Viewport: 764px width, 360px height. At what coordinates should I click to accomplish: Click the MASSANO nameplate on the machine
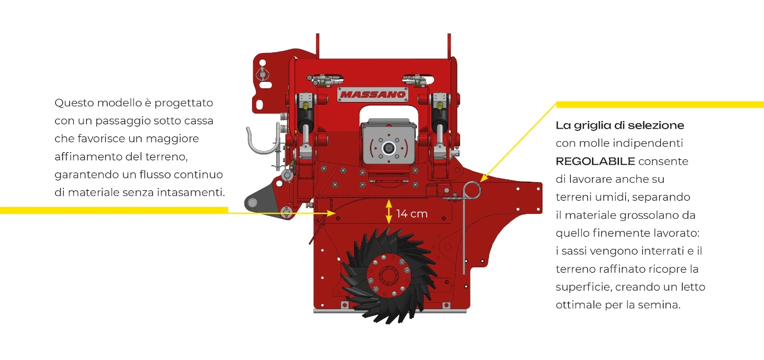372,94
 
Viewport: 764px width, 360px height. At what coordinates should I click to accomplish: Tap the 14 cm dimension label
411,214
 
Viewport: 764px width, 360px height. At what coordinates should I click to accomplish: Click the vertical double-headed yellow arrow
389,212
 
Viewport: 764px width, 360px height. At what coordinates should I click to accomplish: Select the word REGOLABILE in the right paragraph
595,161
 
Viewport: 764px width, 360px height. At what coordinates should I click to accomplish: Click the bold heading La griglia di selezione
620,125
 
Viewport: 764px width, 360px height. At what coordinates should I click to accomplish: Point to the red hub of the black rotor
388,275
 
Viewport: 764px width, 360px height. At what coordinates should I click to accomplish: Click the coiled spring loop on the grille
471,190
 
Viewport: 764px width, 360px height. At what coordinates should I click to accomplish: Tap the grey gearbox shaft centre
388,148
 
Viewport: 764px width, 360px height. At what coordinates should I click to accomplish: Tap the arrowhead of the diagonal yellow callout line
484,178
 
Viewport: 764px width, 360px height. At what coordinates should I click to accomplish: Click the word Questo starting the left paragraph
74,103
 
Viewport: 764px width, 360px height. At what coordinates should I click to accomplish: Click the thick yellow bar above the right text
660,105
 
